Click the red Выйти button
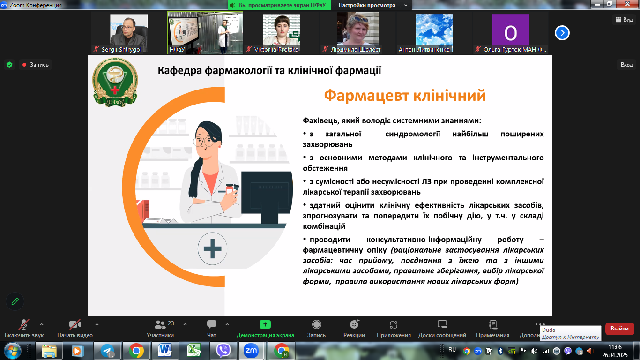pyautogui.click(x=619, y=329)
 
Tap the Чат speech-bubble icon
pyautogui.click(x=211, y=324)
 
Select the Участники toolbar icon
pyautogui.click(x=160, y=324)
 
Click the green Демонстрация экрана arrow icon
pyautogui.click(x=265, y=324)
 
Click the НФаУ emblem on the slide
pyautogui.click(x=115, y=82)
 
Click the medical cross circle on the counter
pyautogui.click(x=212, y=248)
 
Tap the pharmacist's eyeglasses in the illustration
pyautogui.click(x=203, y=141)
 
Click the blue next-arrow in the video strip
pyautogui.click(x=562, y=33)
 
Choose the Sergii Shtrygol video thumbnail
pyautogui.click(x=128, y=33)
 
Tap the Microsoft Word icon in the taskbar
pyautogui.click(x=165, y=350)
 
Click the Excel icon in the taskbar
pyautogui.click(x=193, y=350)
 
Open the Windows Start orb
pyautogui.click(x=12, y=351)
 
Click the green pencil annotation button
pyautogui.click(x=15, y=301)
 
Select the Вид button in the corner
pyautogui.click(x=624, y=19)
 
